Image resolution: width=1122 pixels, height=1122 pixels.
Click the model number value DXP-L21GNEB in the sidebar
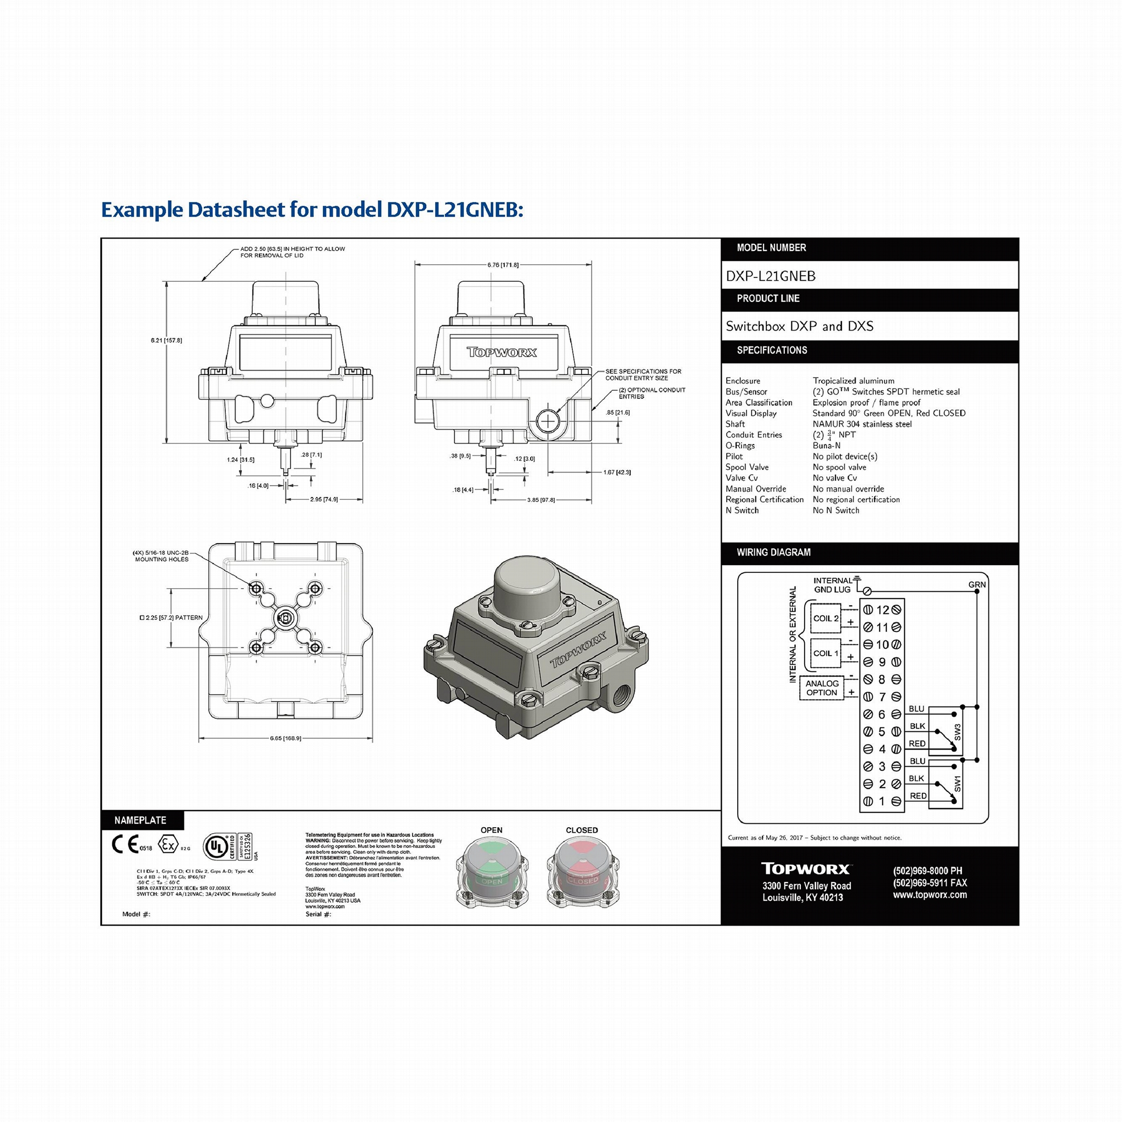(771, 276)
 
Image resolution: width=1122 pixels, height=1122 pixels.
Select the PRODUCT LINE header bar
(869, 299)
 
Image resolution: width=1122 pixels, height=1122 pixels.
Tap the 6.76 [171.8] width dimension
(503, 265)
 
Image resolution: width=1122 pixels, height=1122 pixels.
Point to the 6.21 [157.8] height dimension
(166, 340)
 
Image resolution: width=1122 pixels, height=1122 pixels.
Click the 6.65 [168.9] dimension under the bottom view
(285, 738)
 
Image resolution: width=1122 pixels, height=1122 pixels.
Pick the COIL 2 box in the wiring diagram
(825, 618)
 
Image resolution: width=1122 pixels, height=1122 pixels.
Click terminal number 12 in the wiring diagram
(882, 610)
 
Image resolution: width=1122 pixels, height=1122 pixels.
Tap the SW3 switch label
(957, 732)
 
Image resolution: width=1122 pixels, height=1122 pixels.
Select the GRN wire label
(977, 585)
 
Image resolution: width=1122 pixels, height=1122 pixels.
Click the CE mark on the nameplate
(126, 845)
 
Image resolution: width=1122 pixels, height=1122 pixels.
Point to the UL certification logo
(216, 847)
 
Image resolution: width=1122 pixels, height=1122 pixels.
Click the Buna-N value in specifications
(827, 446)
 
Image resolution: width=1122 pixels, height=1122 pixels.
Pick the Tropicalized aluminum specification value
(853, 381)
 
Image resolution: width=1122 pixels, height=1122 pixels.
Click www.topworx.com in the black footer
(930, 895)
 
